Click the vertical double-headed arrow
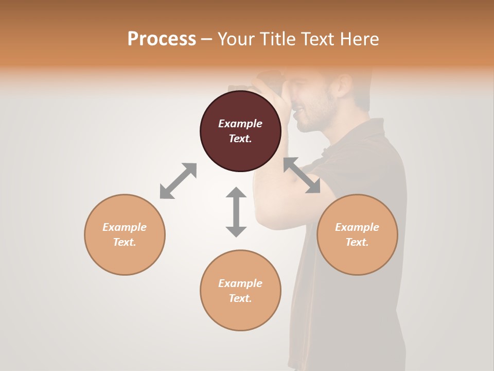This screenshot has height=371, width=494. click(x=236, y=212)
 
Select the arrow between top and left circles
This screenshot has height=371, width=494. click(x=178, y=181)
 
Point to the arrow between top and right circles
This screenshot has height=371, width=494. click(x=302, y=175)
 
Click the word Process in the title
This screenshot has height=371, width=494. click(x=162, y=39)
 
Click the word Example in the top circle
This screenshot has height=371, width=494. click(x=240, y=124)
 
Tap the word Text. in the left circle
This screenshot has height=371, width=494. click(x=125, y=242)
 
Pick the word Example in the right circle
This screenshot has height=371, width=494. click(x=357, y=227)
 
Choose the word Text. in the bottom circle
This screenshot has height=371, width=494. click(x=240, y=298)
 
